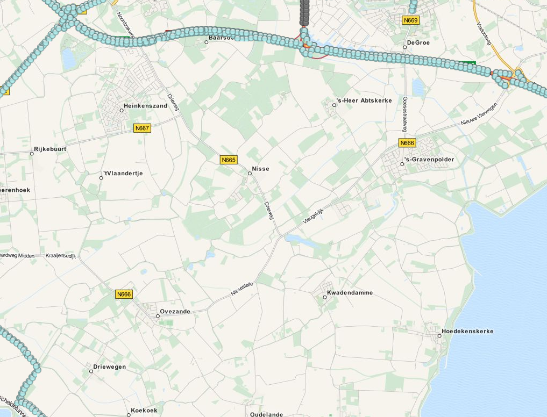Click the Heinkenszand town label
[x=145, y=106]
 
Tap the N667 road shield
[x=142, y=128]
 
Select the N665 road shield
[x=229, y=160]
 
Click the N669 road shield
[x=410, y=20]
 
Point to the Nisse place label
[x=260, y=169]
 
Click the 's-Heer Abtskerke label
[x=364, y=100]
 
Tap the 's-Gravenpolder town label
[x=429, y=160]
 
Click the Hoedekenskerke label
[x=467, y=331]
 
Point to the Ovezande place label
[x=175, y=312]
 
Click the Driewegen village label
[x=109, y=367]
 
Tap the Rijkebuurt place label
[x=50, y=149]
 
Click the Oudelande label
[x=266, y=414]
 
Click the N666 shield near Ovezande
[x=124, y=294]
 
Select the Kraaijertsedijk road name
[x=61, y=256]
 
